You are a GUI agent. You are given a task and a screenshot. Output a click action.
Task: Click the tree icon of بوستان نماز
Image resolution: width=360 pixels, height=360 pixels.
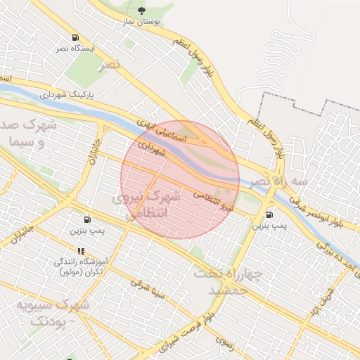(x=143, y=11)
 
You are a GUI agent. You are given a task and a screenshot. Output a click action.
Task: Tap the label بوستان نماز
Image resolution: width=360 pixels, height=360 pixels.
(x=143, y=22)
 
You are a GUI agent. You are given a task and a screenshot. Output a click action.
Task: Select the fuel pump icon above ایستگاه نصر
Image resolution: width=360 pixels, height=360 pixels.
(x=75, y=38)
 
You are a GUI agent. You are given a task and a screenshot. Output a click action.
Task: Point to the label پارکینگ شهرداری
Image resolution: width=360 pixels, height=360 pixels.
(x=72, y=94)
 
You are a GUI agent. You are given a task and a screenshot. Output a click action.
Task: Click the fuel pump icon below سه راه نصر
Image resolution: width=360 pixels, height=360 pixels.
(x=270, y=214)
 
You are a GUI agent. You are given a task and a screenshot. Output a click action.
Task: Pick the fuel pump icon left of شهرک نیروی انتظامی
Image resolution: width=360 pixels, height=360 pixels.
(x=87, y=219)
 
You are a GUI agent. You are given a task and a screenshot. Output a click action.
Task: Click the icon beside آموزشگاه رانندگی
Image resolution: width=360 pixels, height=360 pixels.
(x=81, y=251)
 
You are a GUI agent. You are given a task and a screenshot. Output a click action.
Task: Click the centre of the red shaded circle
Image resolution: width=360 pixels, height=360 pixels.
(x=180, y=180)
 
